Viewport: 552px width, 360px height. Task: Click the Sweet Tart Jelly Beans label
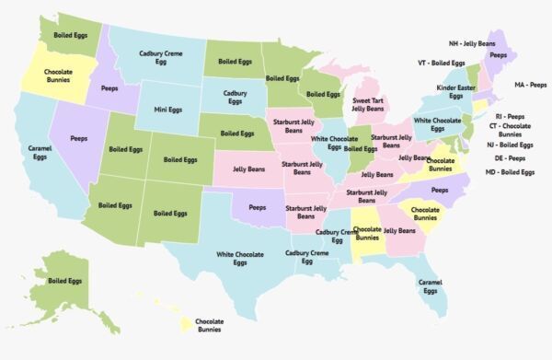[x=367, y=105]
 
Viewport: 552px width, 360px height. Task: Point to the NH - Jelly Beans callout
[x=472, y=43]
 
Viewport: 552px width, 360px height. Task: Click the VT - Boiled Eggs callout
[x=443, y=63]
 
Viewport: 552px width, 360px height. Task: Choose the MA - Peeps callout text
[x=530, y=84]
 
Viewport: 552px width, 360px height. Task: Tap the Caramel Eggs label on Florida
[x=430, y=285]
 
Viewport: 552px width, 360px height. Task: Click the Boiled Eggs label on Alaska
[x=65, y=281]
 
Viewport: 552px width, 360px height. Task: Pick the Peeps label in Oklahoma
[x=258, y=208]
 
